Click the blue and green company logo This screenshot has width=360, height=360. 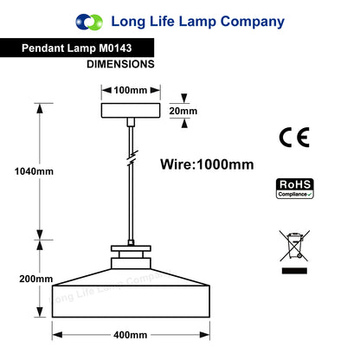pyautogui.click(x=89, y=22)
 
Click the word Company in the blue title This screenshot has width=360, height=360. pyautogui.click(x=253, y=22)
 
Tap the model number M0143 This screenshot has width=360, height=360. pyautogui.click(x=115, y=48)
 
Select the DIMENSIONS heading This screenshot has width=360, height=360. pyautogui.click(x=120, y=64)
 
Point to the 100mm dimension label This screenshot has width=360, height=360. pyautogui.click(x=131, y=90)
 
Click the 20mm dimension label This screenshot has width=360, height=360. pyautogui.click(x=183, y=111)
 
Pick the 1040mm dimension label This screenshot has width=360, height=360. pyautogui.click(x=34, y=171)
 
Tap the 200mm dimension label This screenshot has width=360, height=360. pyautogui.click(x=36, y=279)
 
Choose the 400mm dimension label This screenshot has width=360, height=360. pyautogui.click(x=131, y=335)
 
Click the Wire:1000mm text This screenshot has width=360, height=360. pyautogui.click(x=207, y=164)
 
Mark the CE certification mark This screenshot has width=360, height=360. pyautogui.click(x=294, y=138)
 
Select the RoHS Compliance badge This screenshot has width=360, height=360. pyautogui.click(x=295, y=189)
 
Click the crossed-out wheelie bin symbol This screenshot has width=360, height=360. pyautogui.click(x=294, y=246)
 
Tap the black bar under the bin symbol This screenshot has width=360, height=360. pyautogui.click(x=294, y=271)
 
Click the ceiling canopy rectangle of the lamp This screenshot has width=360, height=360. pyautogui.click(x=131, y=111)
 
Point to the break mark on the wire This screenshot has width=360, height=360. pyautogui.click(x=132, y=158)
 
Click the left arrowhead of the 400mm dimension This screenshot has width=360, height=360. pyautogui.click(x=57, y=335)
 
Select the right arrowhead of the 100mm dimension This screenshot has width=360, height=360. pyautogui.click(x=155, y=90)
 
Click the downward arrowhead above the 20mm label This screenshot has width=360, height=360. pyautogui.click(x=184, y=98)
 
